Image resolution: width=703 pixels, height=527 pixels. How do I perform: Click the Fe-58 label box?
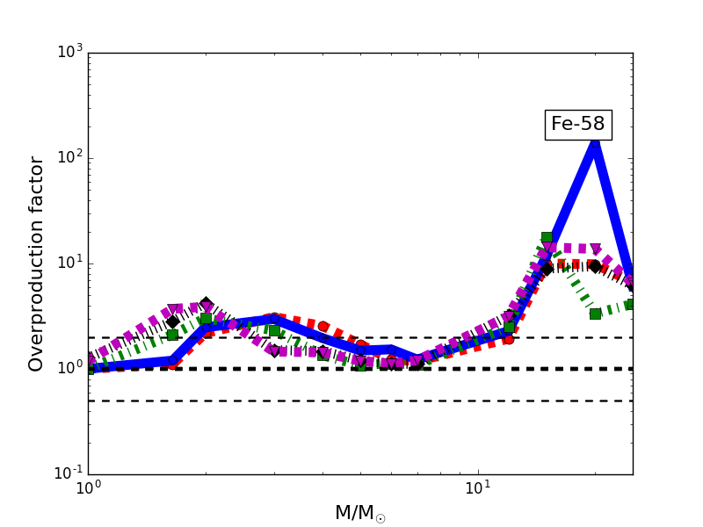578,125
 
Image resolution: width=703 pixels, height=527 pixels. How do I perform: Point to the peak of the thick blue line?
595,141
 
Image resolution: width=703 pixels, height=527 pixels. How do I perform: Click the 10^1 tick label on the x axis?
478,488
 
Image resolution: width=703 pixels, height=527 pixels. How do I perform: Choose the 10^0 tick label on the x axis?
88,488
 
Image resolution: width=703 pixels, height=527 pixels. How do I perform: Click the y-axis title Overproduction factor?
37,263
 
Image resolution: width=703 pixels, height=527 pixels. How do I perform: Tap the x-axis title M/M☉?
359,513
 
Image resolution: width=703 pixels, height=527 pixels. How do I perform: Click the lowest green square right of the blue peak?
595,314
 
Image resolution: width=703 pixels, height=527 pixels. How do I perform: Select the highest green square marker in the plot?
547,237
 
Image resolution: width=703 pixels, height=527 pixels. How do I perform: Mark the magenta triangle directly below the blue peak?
595,249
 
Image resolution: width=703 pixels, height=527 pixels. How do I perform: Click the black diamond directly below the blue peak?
595,266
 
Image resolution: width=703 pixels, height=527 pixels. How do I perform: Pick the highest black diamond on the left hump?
206,304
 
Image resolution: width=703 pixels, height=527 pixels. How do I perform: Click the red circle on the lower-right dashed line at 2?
508,338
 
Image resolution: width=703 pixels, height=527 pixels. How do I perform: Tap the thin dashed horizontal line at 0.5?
351,401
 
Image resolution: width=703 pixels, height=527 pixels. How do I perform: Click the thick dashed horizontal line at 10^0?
351,369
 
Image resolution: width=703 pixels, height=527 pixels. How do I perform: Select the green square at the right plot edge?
630,304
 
